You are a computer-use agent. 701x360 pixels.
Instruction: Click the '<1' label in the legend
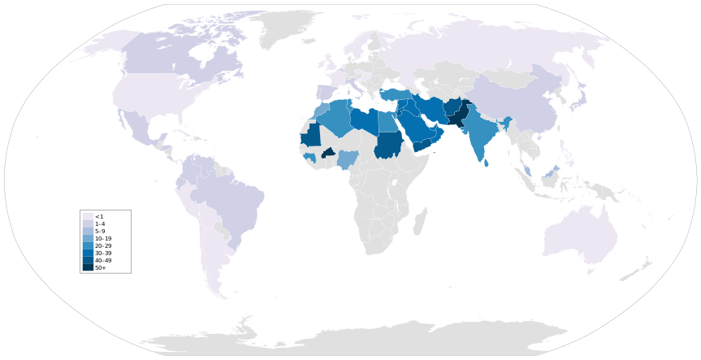click(98, 217)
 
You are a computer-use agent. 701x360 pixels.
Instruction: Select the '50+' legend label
click(100, 267)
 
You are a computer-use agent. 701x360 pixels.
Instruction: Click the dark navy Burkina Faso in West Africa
click(329, 152)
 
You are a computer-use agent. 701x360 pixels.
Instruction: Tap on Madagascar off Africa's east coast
click(419, 220)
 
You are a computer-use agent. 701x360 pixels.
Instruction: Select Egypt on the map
click(388, 122)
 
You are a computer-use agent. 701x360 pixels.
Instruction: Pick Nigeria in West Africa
click(347, 158)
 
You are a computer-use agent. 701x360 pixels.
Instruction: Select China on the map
click(520, 106)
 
